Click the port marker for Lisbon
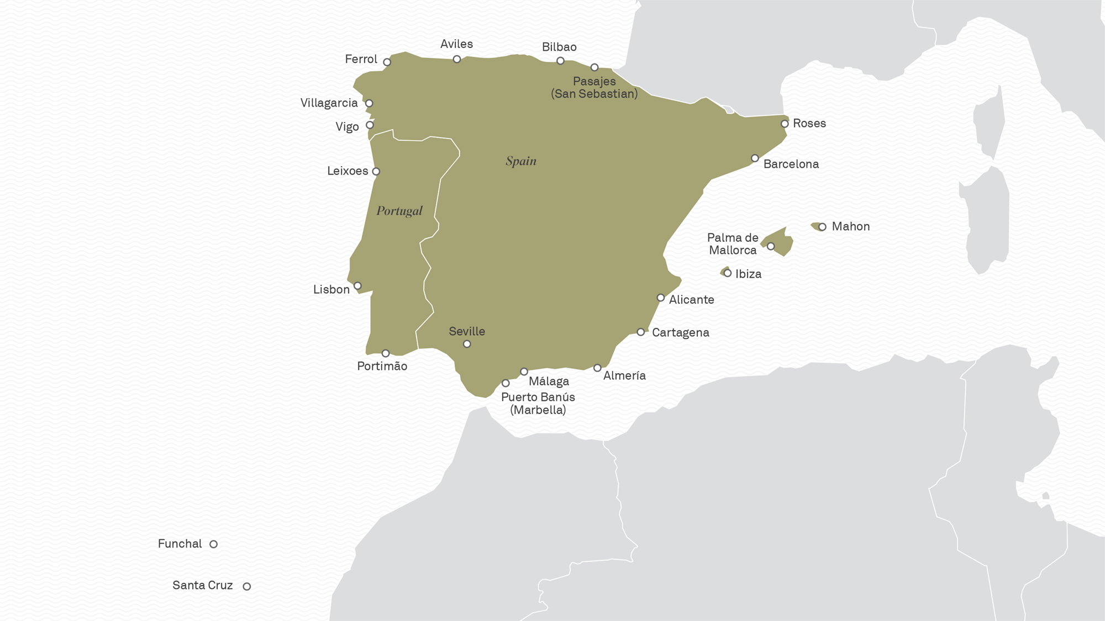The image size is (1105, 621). coord(357,286)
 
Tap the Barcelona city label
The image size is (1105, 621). coord(791,164)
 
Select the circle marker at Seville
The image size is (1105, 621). coord(467,344)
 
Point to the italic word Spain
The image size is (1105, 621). coord(521,161)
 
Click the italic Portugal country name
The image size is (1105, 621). coord(399,211)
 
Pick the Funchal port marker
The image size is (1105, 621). coord(213,544)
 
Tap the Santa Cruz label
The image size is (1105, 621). coord(202,585)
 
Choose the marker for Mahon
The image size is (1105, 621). coord(822,227)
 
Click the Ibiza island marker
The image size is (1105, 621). coord(728,273)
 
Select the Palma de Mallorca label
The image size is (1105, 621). coord(733,244)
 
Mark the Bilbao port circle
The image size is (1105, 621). coord(560,61)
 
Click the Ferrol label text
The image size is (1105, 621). coord(361,59)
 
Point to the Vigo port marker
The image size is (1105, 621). coord(370,125)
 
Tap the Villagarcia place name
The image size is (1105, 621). coord(329,103)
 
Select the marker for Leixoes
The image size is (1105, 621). coord(376,172)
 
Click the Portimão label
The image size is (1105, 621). coord(382,366)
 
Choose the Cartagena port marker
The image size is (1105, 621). coord(640,332)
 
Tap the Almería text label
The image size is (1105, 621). coord(624,375)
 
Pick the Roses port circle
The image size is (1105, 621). coord(785,124)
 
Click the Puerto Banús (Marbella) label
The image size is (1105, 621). coord(538,404)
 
